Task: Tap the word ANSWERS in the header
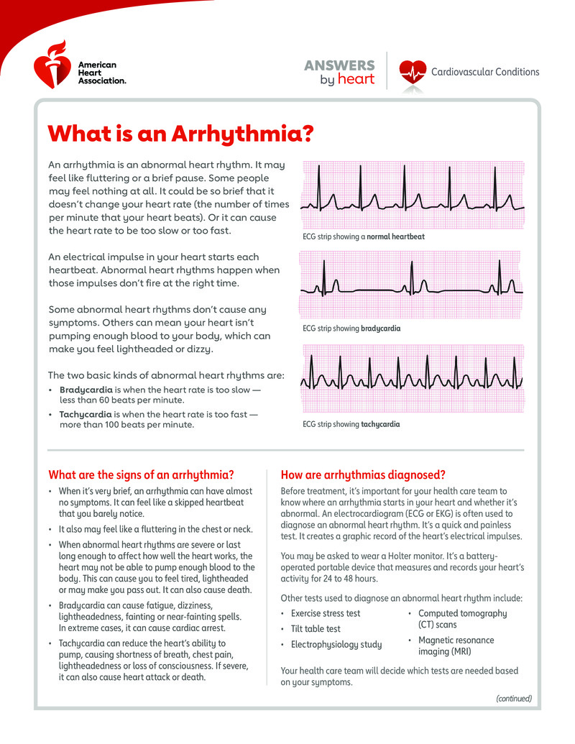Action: [339, 65]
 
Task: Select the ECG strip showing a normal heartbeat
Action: [413, 193]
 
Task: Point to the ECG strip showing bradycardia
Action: [413, 285]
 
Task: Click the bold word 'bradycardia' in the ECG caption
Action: [380, 329]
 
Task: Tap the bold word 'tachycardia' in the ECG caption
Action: [380, 424]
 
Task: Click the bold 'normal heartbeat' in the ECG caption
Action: [395, 236]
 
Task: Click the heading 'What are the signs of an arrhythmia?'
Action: [141, 474]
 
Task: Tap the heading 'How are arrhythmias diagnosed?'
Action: [364, 474]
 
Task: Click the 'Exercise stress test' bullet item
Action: [326, 613]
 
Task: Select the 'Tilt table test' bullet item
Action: [316, 629]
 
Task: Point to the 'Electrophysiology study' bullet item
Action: [336, 644]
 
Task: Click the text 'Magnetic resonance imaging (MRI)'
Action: [456, 646]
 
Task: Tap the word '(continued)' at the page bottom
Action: [514, 698]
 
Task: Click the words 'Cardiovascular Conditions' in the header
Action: [485, 72]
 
